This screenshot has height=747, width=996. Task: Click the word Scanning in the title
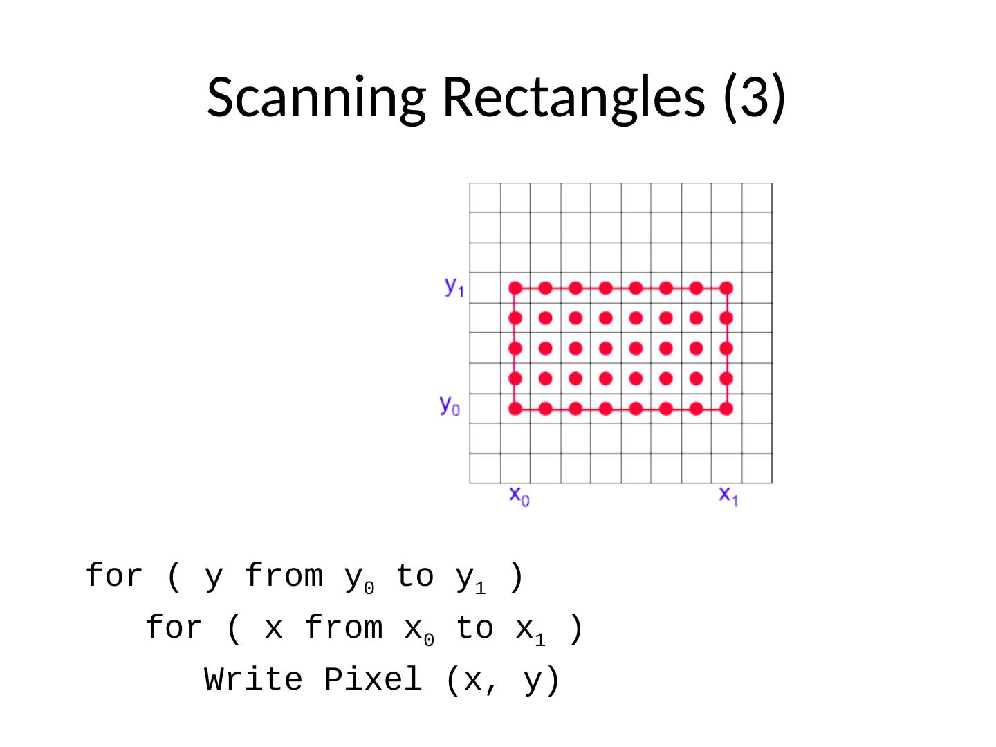point(315,97)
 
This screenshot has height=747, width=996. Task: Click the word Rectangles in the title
point(573,97)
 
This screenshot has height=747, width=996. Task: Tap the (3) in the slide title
point(754,97)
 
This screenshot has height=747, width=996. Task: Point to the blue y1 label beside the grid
point(454,286)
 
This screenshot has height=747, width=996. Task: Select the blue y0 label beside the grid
point(450,405)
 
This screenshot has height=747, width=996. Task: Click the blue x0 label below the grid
point(519,495)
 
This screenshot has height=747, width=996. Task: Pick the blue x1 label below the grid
point(728,495)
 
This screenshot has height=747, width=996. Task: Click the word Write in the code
point(254,680)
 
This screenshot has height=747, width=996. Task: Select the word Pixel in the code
point(373,680)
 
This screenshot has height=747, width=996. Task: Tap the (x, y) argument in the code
point(503,680)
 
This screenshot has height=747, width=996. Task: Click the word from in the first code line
point(284,576)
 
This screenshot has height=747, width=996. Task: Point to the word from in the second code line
point(344,628)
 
